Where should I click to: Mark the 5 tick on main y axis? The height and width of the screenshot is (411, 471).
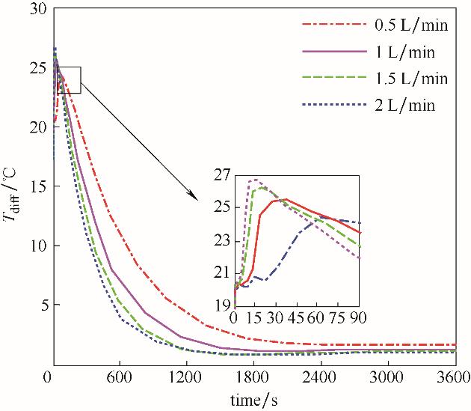point(41,305)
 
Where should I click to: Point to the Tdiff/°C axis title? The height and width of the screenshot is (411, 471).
point(13,188)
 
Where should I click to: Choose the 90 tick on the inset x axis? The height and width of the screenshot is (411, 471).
point(359,317)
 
